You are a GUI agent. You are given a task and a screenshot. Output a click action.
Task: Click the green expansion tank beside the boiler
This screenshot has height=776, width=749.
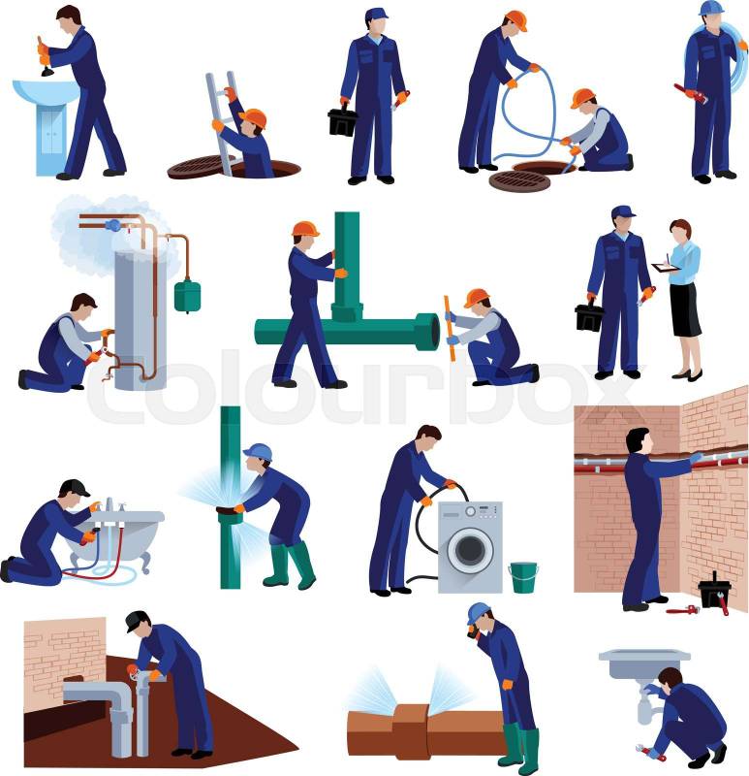pos(187,295)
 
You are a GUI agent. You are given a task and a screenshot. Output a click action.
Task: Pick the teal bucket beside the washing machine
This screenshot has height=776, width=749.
pos(523,577)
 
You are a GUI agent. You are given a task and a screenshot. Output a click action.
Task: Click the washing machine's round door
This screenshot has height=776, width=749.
pos(470,550)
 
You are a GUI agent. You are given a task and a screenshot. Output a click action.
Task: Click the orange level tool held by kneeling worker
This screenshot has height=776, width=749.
pos(449,328)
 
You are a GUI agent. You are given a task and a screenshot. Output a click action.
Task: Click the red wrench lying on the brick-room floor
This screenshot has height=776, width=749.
pos(683,610)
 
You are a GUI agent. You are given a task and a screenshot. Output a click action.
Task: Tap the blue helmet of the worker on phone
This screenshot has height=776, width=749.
pos(478,613)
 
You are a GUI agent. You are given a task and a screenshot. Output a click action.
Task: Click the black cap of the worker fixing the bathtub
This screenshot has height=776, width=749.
pos(75,488)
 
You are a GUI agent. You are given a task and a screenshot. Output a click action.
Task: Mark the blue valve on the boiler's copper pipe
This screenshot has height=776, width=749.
pos(112,225)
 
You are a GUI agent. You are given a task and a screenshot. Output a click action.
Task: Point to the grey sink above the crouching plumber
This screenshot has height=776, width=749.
pos(644,663)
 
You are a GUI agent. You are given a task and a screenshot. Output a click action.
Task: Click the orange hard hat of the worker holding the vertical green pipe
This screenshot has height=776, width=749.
pos(304,229)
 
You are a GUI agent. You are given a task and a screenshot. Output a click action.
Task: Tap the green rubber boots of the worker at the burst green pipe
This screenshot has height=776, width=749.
pos(290,566)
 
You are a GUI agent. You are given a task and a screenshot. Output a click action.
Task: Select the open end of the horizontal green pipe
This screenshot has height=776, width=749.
pos(433,332)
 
